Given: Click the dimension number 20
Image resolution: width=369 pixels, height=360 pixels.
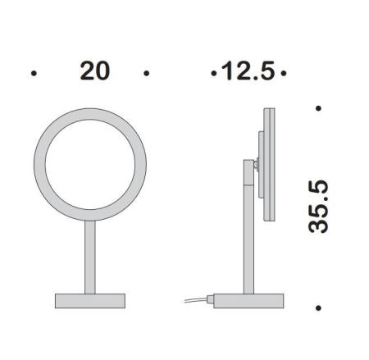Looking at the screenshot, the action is [95, 71].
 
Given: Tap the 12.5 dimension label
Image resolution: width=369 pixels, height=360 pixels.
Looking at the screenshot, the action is [248, 71].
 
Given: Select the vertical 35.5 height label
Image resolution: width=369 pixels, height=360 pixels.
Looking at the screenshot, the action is [318, 207].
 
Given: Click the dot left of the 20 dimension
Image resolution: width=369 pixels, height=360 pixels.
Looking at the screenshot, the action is [34, 73].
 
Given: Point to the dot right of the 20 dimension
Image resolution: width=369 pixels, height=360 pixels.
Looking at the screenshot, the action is [147, 73].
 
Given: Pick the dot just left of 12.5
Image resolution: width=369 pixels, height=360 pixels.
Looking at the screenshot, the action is [214, 73].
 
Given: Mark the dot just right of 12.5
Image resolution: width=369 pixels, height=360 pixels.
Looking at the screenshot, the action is [284, 73].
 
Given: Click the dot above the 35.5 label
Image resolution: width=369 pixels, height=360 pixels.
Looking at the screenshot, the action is [318, 108].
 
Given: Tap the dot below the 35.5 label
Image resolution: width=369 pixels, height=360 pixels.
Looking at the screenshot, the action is [318, 308].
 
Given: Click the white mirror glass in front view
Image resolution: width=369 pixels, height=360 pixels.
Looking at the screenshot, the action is [90, 165].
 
